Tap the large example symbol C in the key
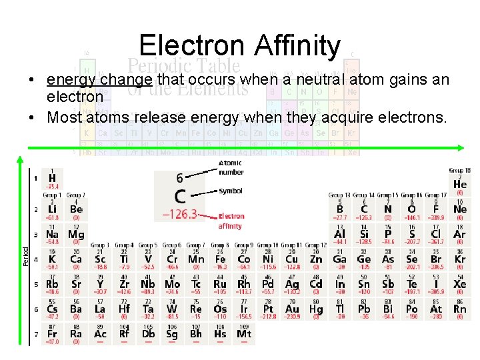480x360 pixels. (x=180, y=196)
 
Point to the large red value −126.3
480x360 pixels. (x=180, y=214)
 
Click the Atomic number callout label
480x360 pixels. (x=231, y=167)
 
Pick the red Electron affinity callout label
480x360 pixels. (x=231, y=221)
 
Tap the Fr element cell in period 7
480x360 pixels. (x=52, y=333)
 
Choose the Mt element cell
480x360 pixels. (x=244, y=333)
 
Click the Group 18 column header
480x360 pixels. (x=459, y=171)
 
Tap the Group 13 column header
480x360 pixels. (x=339, y=195)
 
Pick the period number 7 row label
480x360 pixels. (x=35, y=333)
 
